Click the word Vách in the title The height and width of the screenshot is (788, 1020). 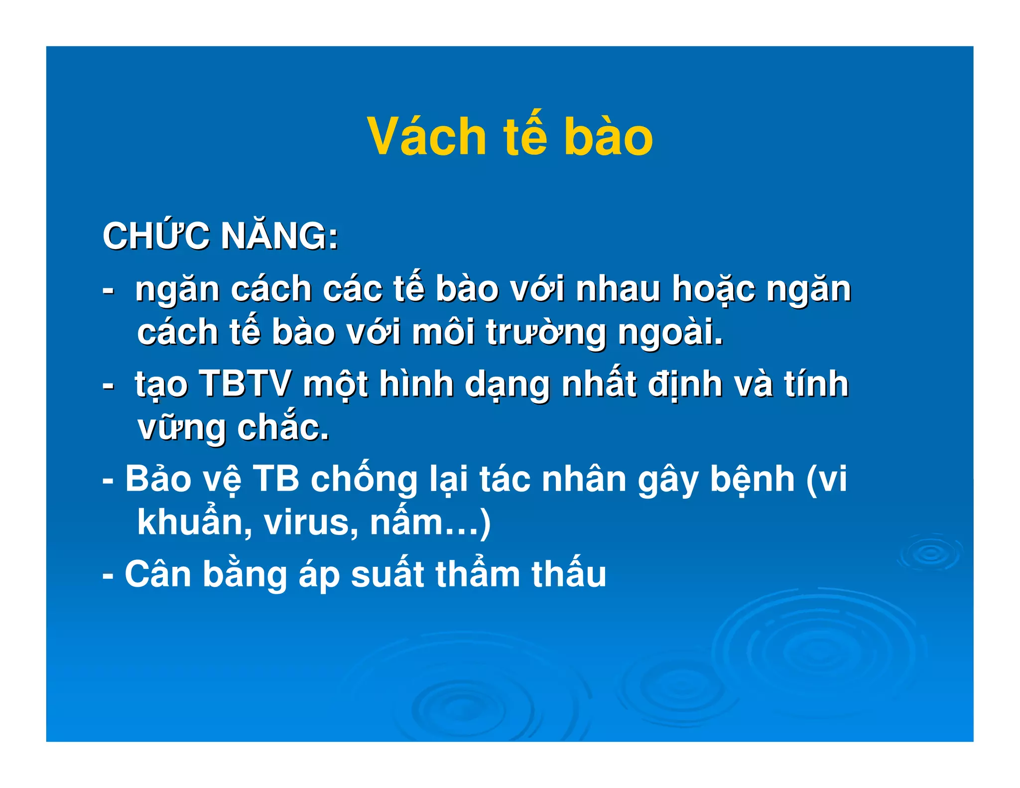point(426,136)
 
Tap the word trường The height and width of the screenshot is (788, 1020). point(546,333)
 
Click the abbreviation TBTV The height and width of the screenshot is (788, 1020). point(245,384)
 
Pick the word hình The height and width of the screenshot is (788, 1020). point(416,384)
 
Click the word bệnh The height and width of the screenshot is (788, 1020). point(752,479)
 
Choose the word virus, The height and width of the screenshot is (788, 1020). point(311,523)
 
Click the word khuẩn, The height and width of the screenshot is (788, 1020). point(194,523)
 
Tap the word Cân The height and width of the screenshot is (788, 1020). point(158,574)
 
